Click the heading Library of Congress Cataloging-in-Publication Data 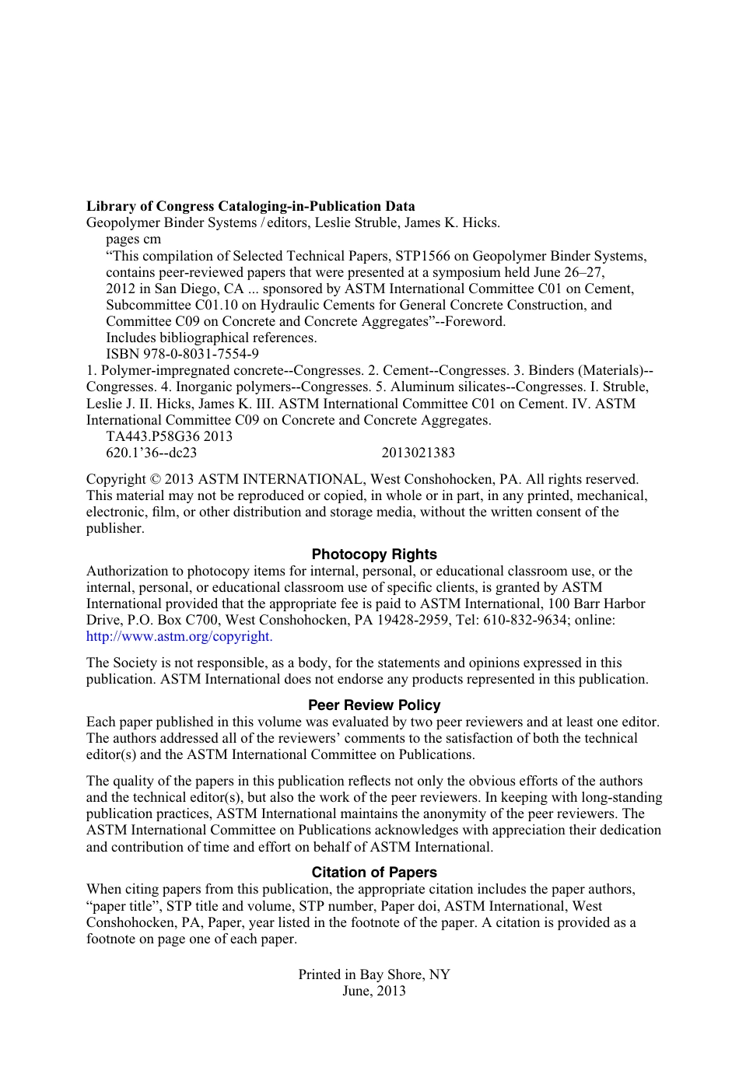[x=250, y=206]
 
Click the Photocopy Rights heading [x=374, y=554]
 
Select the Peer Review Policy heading [x=374, y=705]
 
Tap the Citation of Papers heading [x=374, y=873]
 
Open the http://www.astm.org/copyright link [x=179, y=636]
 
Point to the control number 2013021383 [x=419, y=453]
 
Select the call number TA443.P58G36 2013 [x=169, y=436]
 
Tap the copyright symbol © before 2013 [x=155, y=480]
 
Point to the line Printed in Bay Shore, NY [x=374, y=974]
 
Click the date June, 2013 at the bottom [x=374, y=991]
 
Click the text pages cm [x=134, y=239]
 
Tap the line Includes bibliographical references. [x=212, y=338]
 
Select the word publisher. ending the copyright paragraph [x=115, y=529]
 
